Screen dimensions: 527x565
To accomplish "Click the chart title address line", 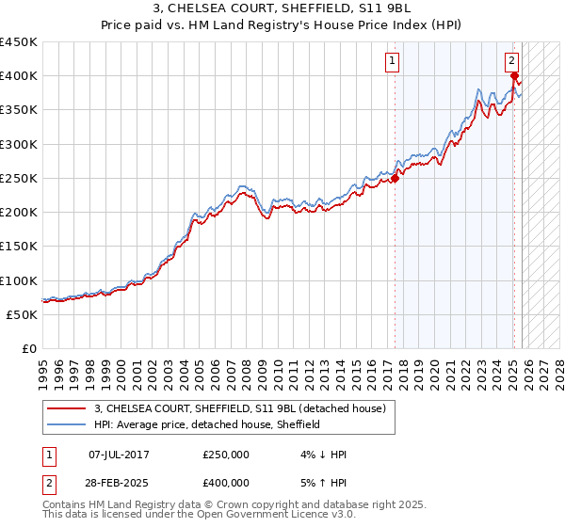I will pos(282,8).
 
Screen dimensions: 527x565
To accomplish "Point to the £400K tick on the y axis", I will pos(18,76).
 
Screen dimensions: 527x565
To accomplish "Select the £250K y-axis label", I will pos(18,178).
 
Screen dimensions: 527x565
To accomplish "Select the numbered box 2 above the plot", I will pos(511,60).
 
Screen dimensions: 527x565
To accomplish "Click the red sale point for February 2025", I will pos(514,76).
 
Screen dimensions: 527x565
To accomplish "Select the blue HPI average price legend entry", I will pos(207,424).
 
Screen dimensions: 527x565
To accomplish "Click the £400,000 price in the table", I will pos(226,482).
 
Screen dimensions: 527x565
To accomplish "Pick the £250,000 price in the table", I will pos(226,455).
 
